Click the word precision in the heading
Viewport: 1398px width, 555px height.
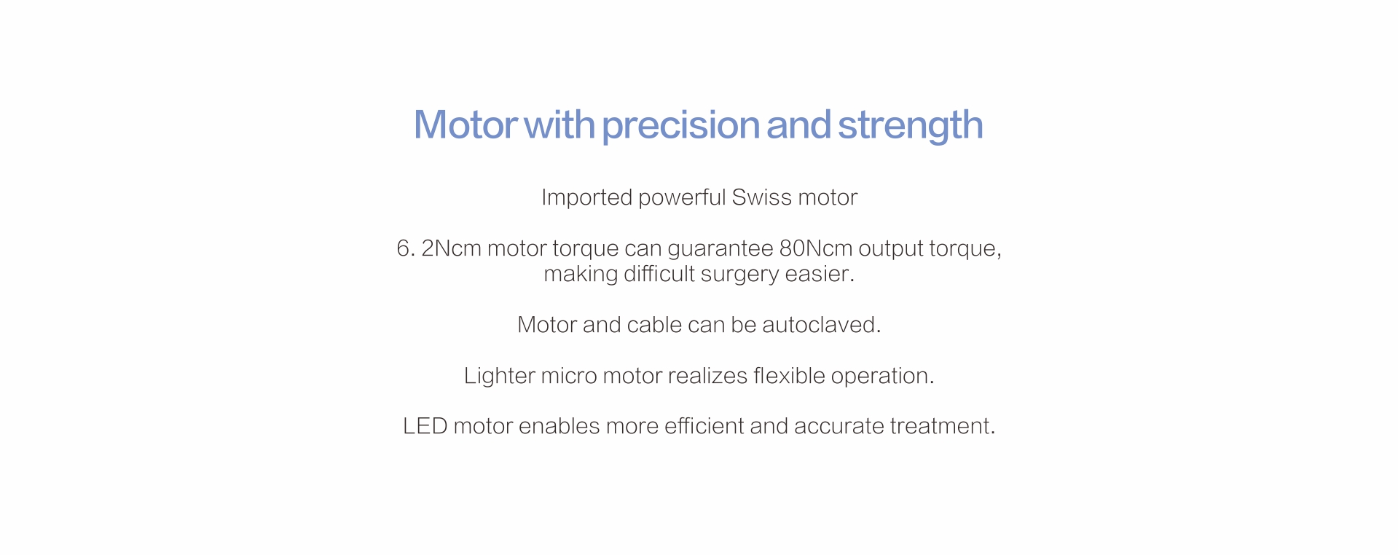click(x=680, y=125)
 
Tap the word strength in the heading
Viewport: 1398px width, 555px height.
click(x=911, y=125)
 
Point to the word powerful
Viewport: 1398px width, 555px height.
click(x=682, y=197)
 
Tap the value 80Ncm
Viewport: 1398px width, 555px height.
click(x=816, y=248)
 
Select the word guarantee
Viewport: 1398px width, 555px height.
click(x=720, y=249)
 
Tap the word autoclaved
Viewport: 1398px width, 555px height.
click(x=822, y=325)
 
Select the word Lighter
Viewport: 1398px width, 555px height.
click(x=499, y=376)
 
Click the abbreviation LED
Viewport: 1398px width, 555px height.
click(x=425, y=426)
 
